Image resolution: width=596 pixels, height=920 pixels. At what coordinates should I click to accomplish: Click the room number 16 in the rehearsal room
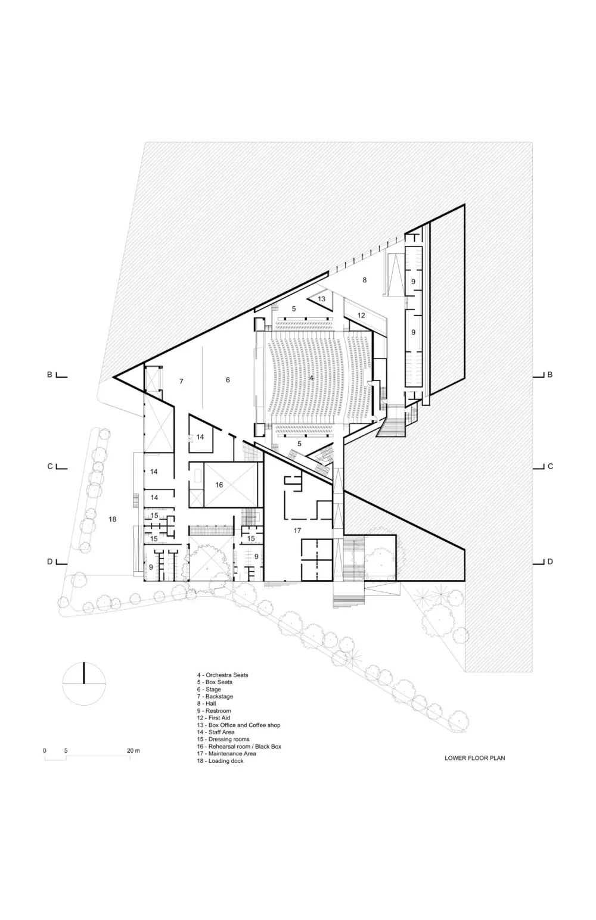[219, 485]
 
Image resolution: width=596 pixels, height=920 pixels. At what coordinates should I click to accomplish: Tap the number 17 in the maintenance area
[297, 530]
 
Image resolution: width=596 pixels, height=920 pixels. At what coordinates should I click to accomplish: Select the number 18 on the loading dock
[112, 519]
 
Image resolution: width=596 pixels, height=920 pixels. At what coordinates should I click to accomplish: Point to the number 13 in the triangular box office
[321, 299]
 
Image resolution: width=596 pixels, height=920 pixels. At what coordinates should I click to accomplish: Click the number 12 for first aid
[361, 315]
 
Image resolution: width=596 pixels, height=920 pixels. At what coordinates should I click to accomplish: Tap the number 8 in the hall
[365, 279]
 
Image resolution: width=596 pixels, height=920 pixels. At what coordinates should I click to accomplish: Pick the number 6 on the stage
[228, 379]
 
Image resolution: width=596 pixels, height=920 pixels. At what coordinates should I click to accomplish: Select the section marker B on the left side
[51, 375]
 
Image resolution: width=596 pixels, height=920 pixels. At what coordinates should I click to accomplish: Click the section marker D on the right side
[550, 562]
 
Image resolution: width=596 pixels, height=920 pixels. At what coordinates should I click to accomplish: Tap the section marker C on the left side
[51, 466]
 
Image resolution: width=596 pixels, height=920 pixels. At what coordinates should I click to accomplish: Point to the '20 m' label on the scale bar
[134, 751]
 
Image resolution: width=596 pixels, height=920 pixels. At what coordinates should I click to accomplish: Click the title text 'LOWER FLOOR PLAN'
[474, 758]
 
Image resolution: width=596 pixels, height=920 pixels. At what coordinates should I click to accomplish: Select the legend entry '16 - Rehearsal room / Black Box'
[239, 746]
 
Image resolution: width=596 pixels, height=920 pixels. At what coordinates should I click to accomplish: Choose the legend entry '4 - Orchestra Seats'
[222, 675]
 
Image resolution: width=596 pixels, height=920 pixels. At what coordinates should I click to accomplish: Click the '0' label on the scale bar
[44, 751]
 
